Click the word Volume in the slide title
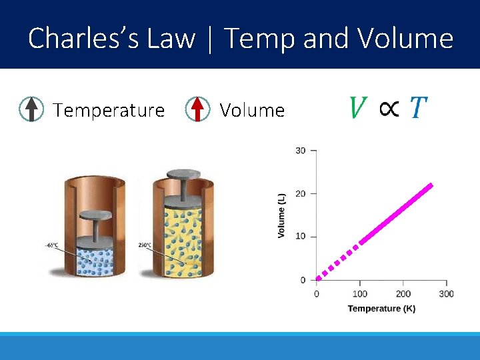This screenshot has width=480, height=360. click(x=405, y=39)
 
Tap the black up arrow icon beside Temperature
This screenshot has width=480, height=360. click(x=31, y=109)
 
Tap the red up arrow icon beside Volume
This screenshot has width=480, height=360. click(x=197, y=109)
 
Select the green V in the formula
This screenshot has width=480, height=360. click(x=358, y=107)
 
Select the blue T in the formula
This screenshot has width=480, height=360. click(x=418, y=107)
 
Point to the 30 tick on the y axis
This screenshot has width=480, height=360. click(x=301, y=151)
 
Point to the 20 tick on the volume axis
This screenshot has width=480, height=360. click(x=301, y=194)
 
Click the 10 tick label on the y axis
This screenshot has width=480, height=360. click(x=301, y=237)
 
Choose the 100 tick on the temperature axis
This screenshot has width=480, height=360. click(x=359, y=294)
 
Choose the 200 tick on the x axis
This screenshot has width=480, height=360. click(x=403, y=294)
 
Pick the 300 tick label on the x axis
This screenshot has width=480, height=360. click(x=446, y=294)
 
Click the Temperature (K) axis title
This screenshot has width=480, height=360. click(x=381, y=309)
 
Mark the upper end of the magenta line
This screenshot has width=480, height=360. click(x=431, y=185)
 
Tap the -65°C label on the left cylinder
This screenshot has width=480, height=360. click(x=52, y=245)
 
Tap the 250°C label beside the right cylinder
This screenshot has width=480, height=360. click(x=145, y=245)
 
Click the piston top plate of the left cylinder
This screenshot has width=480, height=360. click(x=95, y=215)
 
